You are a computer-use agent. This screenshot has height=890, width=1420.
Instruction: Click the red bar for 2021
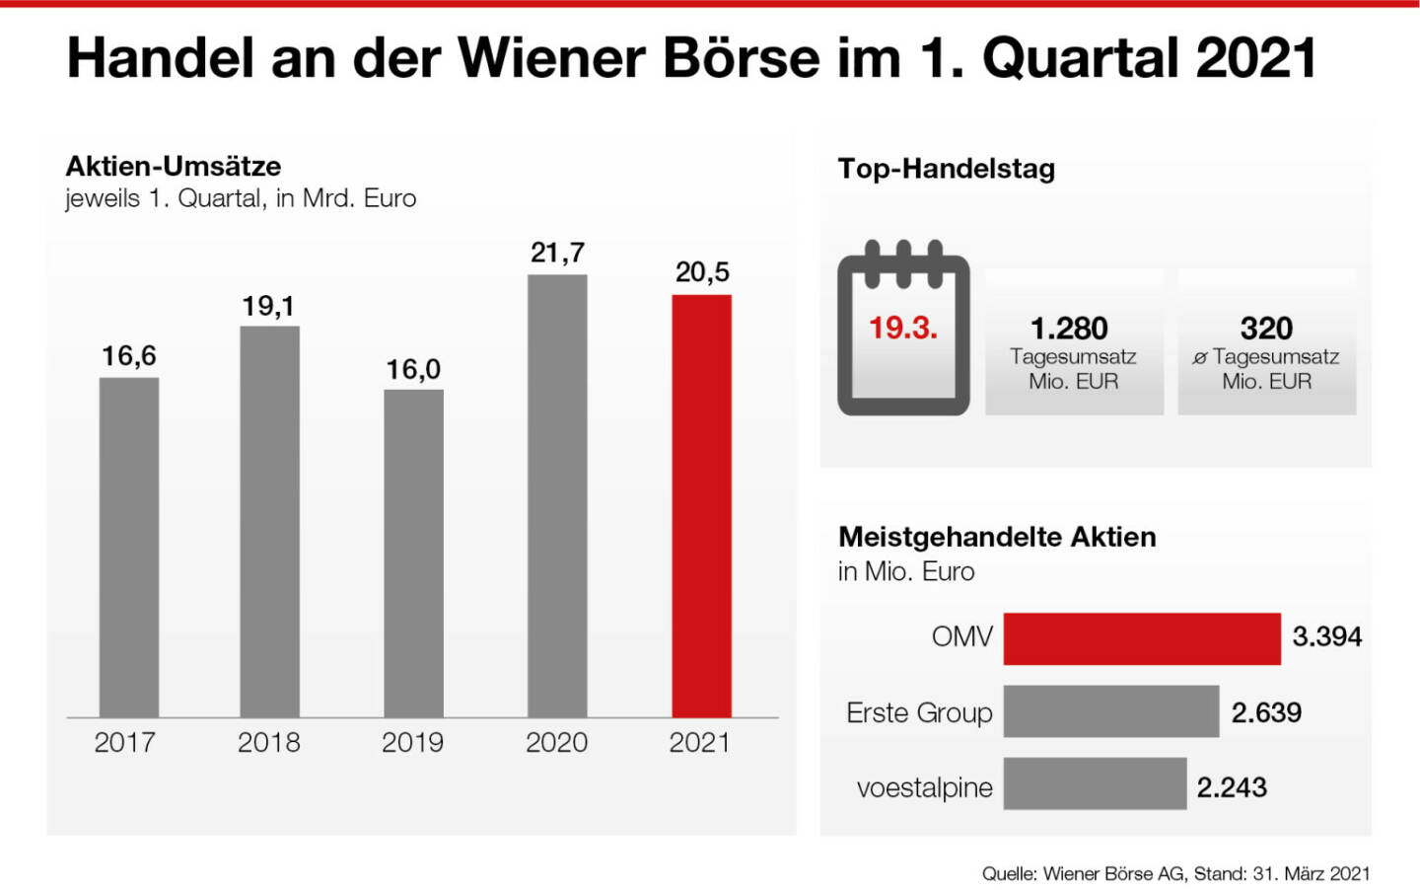[x=701, y=505]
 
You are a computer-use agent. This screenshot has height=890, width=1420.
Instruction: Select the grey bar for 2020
[x=557, y=495]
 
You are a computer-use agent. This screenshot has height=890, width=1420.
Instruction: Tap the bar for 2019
[x=413, y=553]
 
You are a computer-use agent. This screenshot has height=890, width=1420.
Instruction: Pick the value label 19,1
[x=268, y=307]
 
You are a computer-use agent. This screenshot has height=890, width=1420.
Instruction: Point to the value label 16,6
[x=129, y=356]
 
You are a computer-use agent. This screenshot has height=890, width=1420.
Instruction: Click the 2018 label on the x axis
[x=268, y=742]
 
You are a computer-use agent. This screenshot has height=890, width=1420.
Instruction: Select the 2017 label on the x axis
[x=124, y=742]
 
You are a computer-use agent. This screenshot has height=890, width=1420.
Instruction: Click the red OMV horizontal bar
[x=1141, y=638]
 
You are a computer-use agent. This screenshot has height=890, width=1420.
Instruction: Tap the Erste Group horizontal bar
[x=1110, y=711]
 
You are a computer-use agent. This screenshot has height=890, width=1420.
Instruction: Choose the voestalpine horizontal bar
[x=1095, y=783]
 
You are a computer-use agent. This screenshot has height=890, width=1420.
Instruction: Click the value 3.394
[x=1326, y=636]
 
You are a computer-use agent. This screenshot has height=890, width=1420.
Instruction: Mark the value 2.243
[x=1232, y=787]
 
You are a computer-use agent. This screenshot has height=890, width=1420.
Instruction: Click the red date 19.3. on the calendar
[x=902, y=328]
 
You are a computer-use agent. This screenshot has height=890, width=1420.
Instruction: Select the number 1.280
[x=1069, y=328]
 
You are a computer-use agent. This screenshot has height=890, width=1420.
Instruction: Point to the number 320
[x=1266, y=328]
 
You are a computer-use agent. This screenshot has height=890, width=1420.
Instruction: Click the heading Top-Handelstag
[x=946, y=169]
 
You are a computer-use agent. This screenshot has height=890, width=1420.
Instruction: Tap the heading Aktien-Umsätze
[x=174, y=166]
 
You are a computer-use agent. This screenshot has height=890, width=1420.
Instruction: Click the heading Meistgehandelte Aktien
[x=996, y=537]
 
